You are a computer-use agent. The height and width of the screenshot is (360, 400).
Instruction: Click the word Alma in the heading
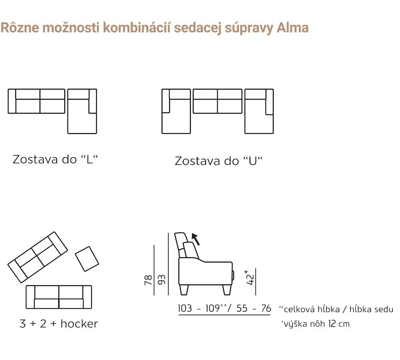[293, 28]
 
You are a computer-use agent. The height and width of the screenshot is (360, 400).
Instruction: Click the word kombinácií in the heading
[137, 28]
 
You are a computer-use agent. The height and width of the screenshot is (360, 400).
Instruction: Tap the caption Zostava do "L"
[55, 160]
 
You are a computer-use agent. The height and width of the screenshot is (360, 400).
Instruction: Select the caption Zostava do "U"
[219, 161]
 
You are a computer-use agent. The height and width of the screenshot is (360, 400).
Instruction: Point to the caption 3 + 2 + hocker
[59, 324]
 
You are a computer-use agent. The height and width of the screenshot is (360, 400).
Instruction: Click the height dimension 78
[148, 280]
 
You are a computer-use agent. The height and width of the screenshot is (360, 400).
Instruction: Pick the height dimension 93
[162, 280]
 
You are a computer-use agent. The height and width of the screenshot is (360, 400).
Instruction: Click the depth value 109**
[216, 308]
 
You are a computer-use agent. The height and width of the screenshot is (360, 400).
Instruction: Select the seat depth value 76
[266, 308]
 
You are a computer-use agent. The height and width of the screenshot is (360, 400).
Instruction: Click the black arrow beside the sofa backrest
[196, 239]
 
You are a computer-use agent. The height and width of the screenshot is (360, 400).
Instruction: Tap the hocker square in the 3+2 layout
[87, 259]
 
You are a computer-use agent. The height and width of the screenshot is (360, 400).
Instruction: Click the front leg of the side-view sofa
[227, 290]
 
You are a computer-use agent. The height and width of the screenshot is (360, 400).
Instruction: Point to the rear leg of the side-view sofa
[184, 290]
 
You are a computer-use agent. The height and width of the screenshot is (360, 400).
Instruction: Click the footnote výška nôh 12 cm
[315, 324]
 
